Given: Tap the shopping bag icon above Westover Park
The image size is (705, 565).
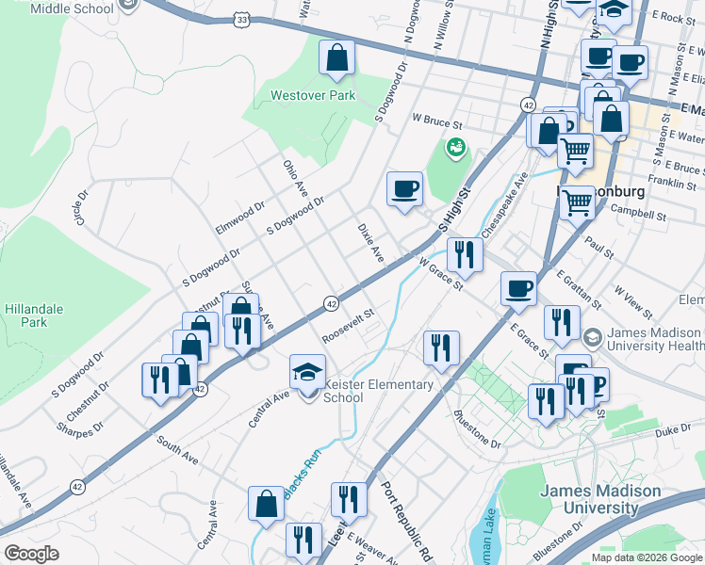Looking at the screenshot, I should pyautogui.click(x=336, y=59).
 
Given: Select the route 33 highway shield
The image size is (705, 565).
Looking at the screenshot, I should pyautogui.click(x=244, y=19).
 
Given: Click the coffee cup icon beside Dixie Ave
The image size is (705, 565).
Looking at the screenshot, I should pyautogui.click(x=404, y=189).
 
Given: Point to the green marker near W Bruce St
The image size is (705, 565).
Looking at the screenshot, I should pyautogui.click(x=456, y=147).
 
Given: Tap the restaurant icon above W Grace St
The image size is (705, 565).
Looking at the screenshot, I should pyautogui.click(x=465, y=254).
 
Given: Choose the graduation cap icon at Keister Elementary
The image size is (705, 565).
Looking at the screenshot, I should pyautogui.click(x=307, y=373).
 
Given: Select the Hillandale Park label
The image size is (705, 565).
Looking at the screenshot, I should pyautogui.click(x=26, y=315).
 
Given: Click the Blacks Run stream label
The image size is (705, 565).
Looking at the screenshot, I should pyautogui.click(x=303, y=484).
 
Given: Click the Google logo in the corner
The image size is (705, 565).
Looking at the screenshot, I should pyautogui.click(x=31, y=554).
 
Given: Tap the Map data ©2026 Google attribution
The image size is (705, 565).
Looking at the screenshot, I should pyautogui.click(x=646, y=557).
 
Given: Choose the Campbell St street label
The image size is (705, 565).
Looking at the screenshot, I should pyautogui.click(x=637, y=216).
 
